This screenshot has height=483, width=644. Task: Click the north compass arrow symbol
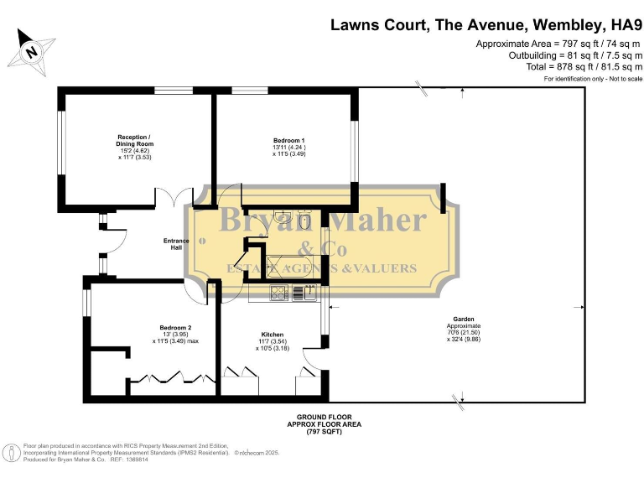tap(31, 49)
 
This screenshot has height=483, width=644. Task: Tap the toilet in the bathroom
tap(306, 220)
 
